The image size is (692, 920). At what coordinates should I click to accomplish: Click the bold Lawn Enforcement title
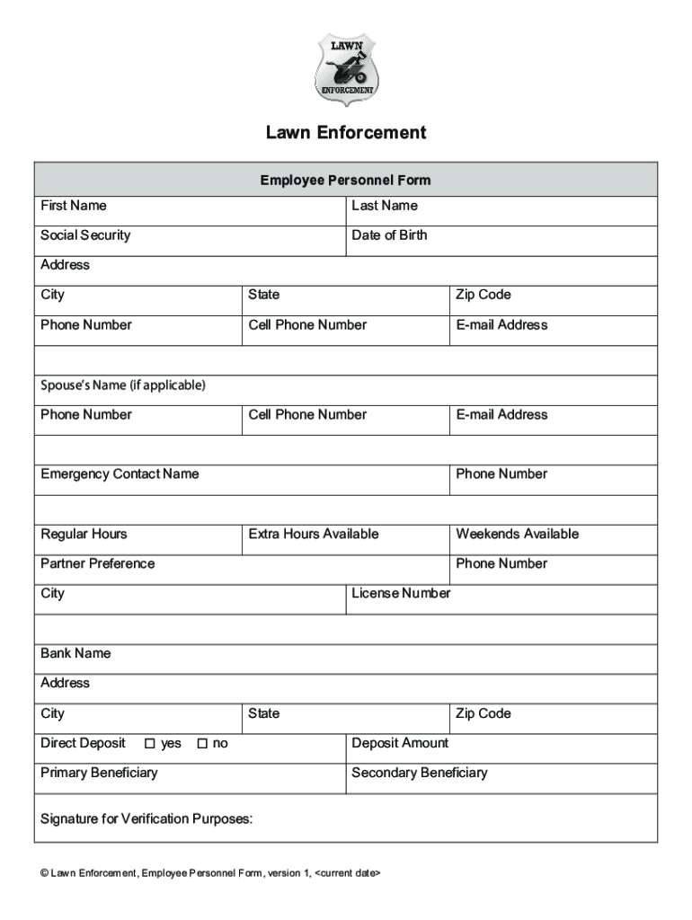point(346,133)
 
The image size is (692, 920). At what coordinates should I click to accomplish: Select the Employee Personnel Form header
point(346,180)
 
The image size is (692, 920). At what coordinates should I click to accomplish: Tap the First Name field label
point(73,206)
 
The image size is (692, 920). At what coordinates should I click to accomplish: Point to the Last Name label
point(385,206)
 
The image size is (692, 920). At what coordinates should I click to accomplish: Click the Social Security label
point(85,235)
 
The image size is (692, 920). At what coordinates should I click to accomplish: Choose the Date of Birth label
point(389,235)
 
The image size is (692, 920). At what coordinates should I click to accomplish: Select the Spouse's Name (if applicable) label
point(123,385)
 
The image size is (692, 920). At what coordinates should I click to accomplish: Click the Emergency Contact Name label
point(120,473)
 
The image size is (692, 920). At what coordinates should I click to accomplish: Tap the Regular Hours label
point(84,534)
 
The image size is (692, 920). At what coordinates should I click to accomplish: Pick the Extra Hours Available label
point(314,534)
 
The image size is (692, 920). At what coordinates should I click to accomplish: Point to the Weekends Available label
point(517,534)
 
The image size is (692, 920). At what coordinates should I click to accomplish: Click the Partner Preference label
point(97,563)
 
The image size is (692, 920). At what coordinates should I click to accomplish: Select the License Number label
point(401,593)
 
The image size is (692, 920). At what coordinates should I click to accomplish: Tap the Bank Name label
point(75,653)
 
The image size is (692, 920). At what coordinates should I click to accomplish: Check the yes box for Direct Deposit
point(150,743)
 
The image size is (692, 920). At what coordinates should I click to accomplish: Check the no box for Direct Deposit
point(202,743)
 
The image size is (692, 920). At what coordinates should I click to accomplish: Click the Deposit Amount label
point(400,743)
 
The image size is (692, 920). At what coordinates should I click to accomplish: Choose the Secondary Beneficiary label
point(420,773)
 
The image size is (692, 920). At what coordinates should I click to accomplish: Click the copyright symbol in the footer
point(44,872)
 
